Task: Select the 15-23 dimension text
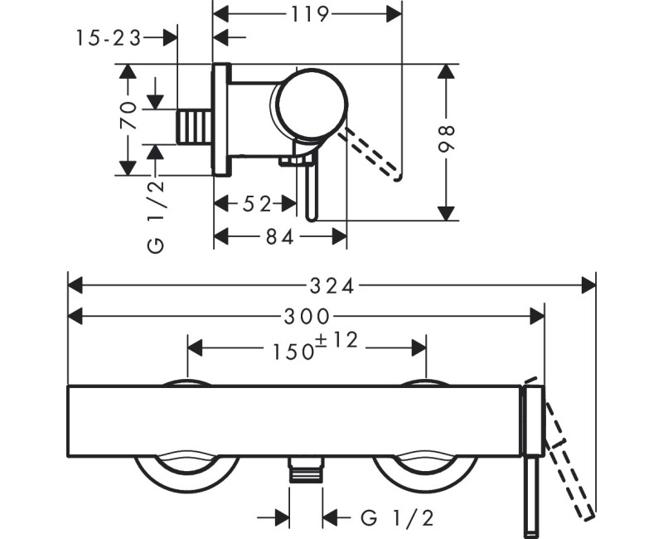click(108, 37)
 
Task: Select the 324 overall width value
click(331, 286)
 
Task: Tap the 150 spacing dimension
click(293, 350)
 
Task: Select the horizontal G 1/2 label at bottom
click(398, 519)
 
